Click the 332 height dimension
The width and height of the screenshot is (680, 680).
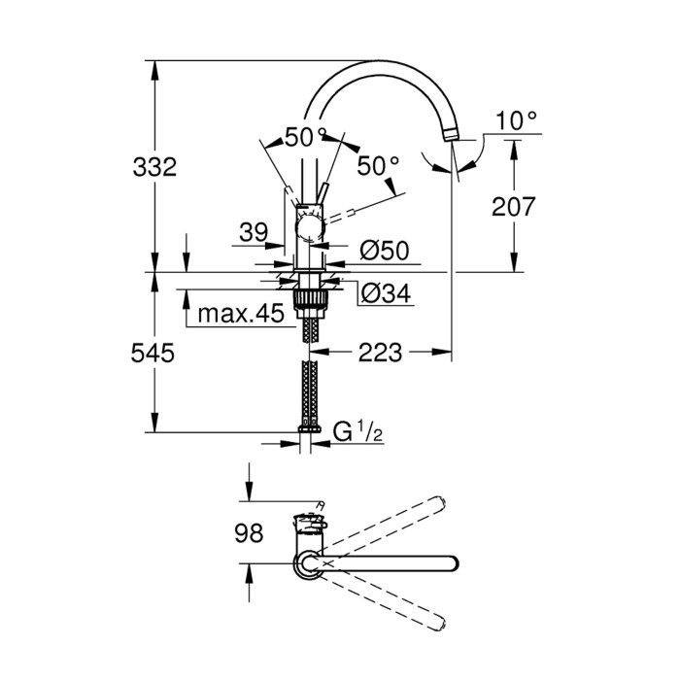[x=153, y=167]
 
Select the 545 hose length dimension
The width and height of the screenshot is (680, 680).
[x=153, y=354]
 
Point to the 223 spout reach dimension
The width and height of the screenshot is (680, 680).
[x=379, y=353]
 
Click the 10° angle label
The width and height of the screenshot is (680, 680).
[x=516, y=121]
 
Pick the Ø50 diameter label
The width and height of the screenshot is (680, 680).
[x=384, y=251]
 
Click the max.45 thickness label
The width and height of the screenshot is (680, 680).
[x=239, y=314]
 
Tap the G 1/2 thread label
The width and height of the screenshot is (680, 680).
[x=357, y=431]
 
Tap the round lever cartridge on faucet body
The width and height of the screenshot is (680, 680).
[x=310, y=230]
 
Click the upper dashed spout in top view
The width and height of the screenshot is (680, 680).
[x=389, y=525]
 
